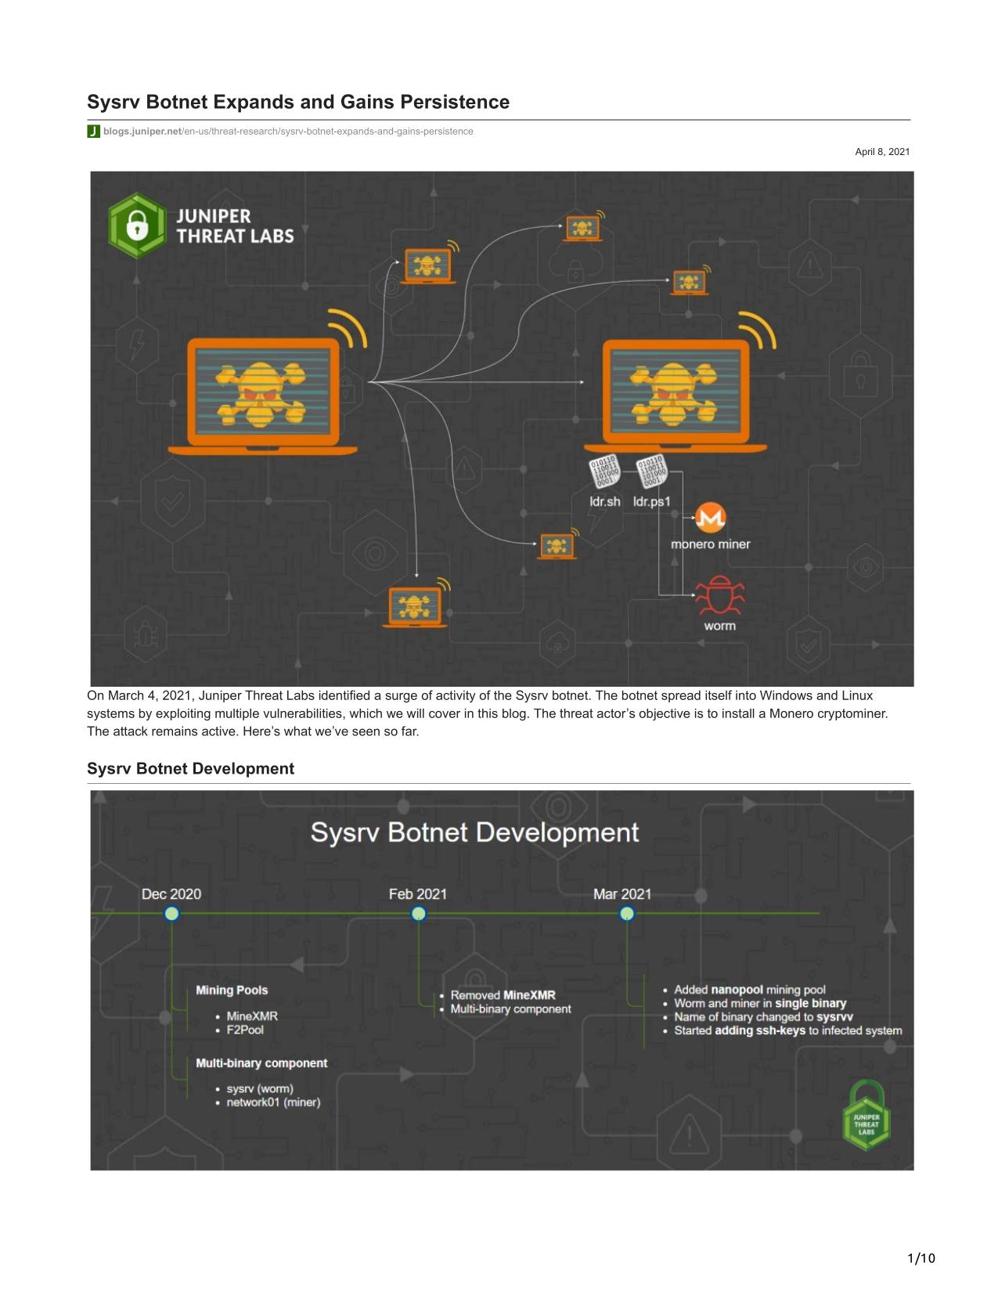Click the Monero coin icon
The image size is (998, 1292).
point(710,518)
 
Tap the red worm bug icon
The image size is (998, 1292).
point(719,594)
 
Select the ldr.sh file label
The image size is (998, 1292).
point(604,501)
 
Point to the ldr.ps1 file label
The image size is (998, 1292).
point(651,501)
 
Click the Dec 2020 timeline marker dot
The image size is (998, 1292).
point(171,913)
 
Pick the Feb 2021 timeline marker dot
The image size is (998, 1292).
point(419,913)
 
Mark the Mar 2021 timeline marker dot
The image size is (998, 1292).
point(626,913)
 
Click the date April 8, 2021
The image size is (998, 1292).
point(882,152)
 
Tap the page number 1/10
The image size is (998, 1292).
point(921,1258)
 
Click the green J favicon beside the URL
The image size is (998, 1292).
point(93,131)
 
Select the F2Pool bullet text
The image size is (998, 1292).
point(245,1030)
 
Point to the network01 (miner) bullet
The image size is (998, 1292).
point(273,1103)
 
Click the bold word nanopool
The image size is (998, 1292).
point(737,990)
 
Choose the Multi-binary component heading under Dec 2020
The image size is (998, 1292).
point(261,1063)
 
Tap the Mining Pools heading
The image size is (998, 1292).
point(232,990)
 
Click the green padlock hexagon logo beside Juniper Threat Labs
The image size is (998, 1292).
point(137,226)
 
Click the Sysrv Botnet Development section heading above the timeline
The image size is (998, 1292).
point(190,768)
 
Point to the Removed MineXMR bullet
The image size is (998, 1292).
point(503,994)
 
